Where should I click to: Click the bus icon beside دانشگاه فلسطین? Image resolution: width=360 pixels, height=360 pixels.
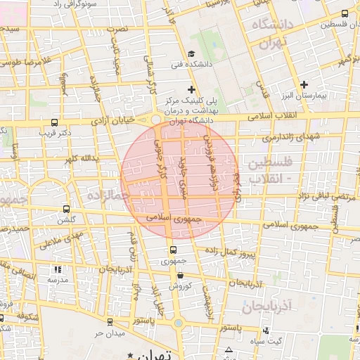point(345,13)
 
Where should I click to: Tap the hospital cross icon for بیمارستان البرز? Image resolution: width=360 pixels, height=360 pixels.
point(304,84)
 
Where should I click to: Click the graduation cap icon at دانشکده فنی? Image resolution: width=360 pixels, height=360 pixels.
point(191,54)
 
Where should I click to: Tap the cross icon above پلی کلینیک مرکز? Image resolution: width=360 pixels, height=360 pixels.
point(191,89)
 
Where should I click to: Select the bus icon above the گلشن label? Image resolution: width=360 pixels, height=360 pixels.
point(66,209)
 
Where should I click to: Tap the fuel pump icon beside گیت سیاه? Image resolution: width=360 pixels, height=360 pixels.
point(265,331)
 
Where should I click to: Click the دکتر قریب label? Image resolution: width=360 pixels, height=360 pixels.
point(56,131)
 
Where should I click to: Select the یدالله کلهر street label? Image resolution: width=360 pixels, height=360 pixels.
point(77,160)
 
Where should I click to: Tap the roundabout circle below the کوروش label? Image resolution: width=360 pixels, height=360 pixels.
point(179,323)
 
